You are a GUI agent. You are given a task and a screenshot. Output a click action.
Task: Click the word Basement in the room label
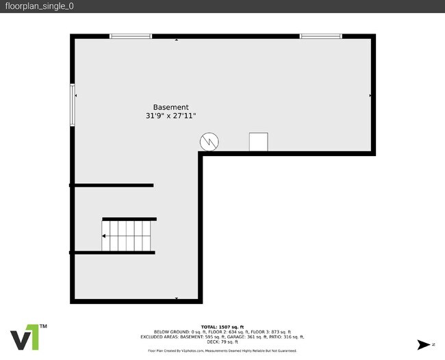[x=170, y=107]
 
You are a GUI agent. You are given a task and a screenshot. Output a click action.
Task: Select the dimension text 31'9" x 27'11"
[x=170, y=116]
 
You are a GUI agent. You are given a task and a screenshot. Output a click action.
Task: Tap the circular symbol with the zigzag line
[x=209, y=142]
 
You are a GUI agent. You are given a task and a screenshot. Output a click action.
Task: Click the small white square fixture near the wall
[x=258, y=142]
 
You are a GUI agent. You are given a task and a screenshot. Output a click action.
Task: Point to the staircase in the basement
[x=129, y=235]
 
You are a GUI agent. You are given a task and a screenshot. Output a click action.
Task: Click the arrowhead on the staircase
[x=104, y=235]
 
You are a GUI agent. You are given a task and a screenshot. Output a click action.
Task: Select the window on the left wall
[x=72, y=105]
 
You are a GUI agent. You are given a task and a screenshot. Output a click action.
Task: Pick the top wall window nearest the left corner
[x=131, y=36]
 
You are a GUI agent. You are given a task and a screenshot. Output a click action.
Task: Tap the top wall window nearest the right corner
[x=320, y=36]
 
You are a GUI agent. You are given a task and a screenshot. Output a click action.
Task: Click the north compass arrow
[x=426, y=344]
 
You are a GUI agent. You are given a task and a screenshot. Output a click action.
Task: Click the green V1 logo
[x=28, y=337]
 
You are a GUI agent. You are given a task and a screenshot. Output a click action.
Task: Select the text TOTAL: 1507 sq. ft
[x=222, y=327]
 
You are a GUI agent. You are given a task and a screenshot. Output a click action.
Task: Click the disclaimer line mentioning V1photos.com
[x=222, y=350]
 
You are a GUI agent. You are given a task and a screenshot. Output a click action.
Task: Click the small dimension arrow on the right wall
[x=370, y=96]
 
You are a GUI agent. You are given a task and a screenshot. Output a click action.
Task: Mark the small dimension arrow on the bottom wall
[x=177, y=298]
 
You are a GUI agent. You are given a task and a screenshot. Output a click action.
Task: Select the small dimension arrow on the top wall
[x=177, y=40]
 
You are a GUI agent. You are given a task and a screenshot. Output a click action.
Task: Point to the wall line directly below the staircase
[x=113, y=253]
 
